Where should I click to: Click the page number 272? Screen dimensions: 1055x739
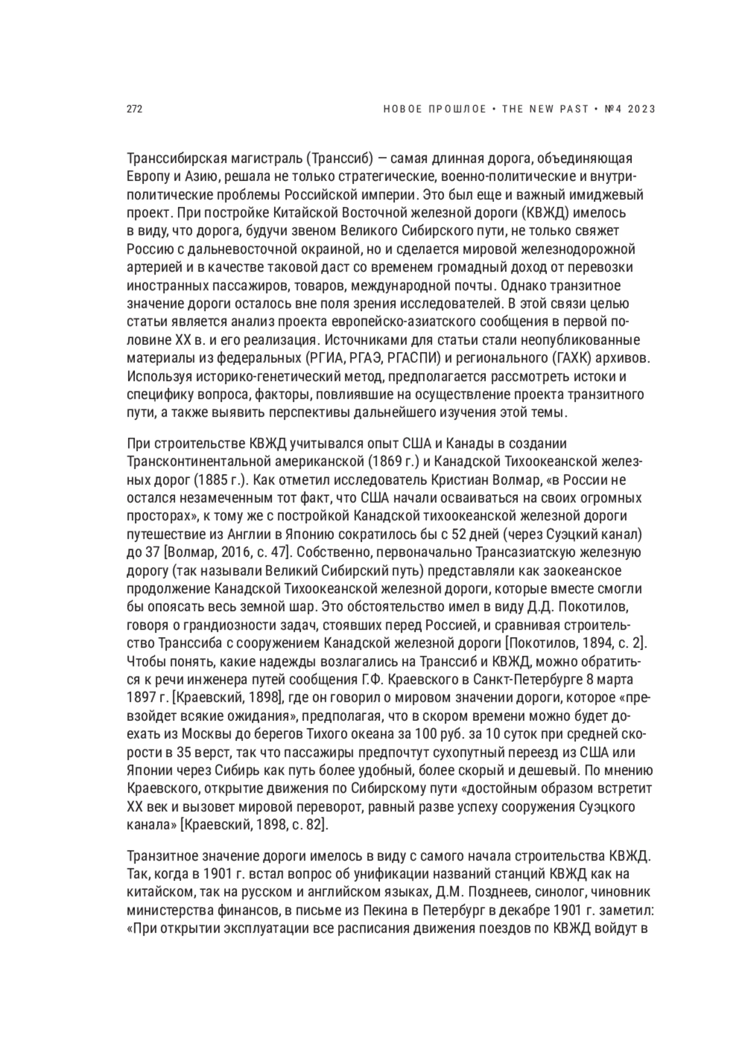[134, 110]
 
